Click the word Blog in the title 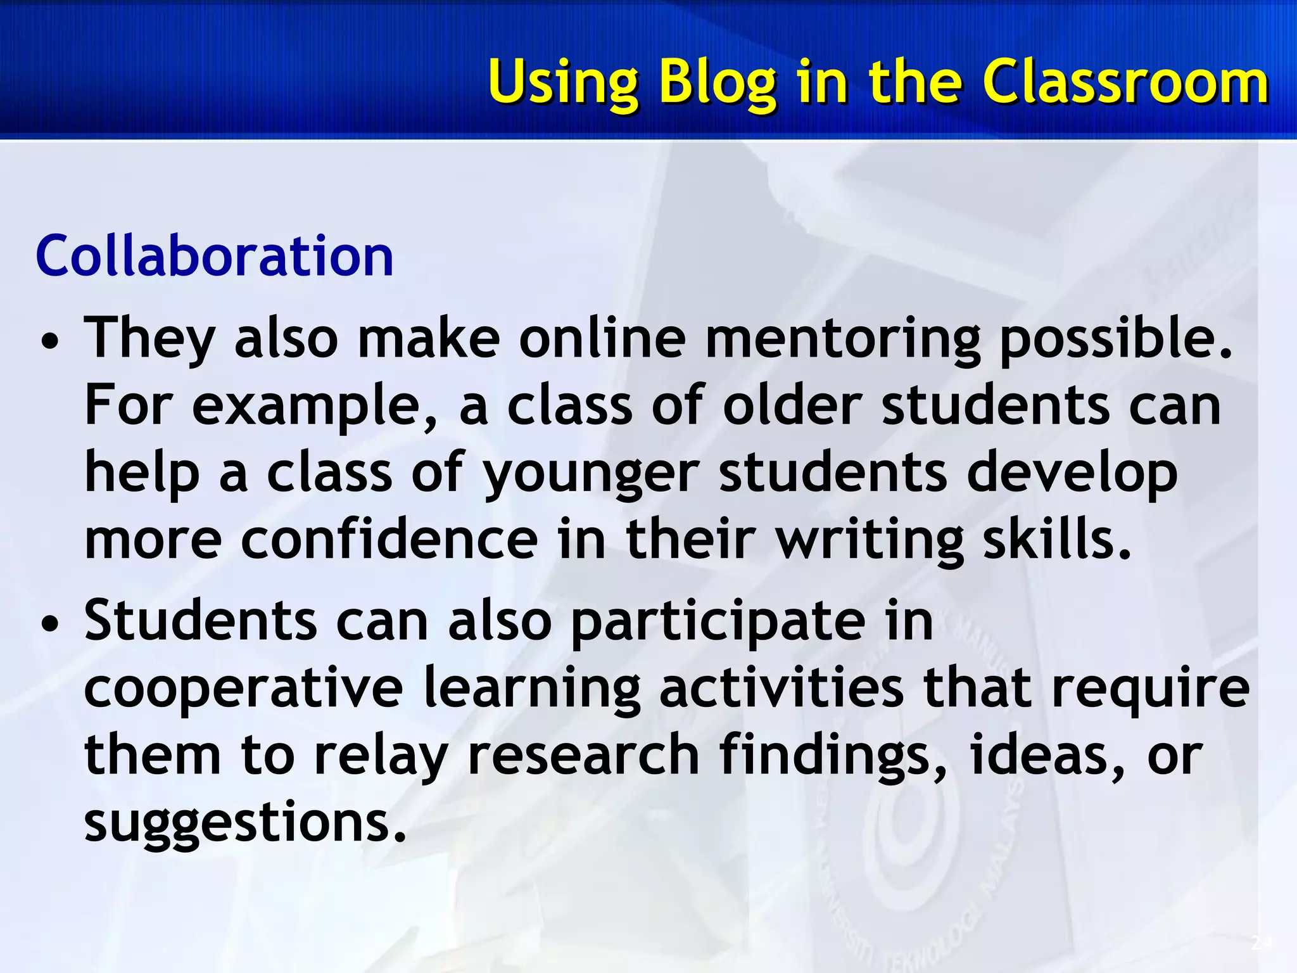tap(717, 83)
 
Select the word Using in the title tap(563, 83)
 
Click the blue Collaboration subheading tap(215, 256)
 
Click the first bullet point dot tap(49, 342)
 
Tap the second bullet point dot tap(49, 624)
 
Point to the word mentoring tap(842, 339)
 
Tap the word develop tap(1072, 474)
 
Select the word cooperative tap(243, 689)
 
